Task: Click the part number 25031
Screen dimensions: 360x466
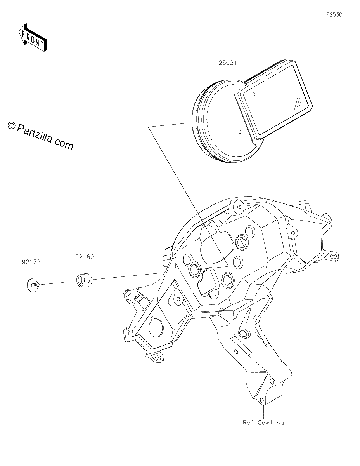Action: coord(228,63)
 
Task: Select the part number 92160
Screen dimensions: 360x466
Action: coord(85,257)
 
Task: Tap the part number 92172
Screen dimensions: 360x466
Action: coord(31,262)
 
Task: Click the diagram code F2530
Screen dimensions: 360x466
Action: coord(334,15)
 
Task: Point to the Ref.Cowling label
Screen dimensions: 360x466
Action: coord(263,423)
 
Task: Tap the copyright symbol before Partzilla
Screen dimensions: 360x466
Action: coord(11,125)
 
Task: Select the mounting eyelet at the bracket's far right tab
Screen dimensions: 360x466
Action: coord(332,256)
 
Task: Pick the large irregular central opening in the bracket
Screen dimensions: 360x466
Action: coord(216,247)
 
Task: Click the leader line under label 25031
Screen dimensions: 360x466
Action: coord(228,73)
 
